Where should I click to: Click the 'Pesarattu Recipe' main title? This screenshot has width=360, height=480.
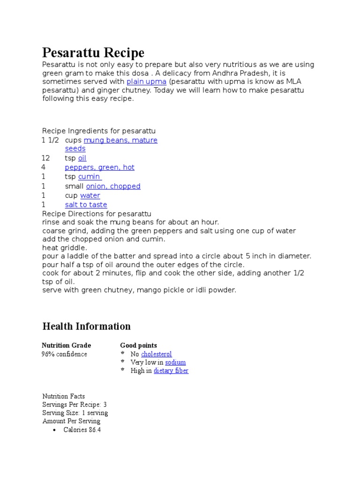pyautogui.click(x=93, y=52)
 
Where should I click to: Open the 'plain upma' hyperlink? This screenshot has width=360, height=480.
pyautogui.click(x=146, y=82)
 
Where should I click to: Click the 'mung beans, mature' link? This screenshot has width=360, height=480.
pyautogui.click(x=120, y=140)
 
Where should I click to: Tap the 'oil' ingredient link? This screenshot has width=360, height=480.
pyautogui.click(x=82, y=158)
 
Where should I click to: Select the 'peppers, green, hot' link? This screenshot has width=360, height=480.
pyautogui.click(x=99, y=167)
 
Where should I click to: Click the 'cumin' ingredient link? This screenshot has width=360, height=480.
pyautogui.click(x=89, y=177)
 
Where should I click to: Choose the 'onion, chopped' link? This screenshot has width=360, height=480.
pyautogui.click(x=113, y=186)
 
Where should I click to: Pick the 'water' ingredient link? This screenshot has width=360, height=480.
pyautogui.click(x=90, y=195)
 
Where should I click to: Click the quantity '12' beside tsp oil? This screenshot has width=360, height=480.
pyautogui.click(x=45, y=158)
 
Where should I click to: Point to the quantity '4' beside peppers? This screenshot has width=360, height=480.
pyautogui.click(x=43, y=167)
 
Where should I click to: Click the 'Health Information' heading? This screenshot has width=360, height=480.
pyautogui.click(x=86, y=326)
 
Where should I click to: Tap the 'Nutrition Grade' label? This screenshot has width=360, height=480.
pyautogui.click(x=67, y=345)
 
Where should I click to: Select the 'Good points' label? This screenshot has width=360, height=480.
pyautogui.click(x=138, y=345)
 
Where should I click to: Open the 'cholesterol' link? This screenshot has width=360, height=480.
pyautogui.click(x=156, y=354)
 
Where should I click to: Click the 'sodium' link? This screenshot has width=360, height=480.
pyautogui.click(x=175, y=362)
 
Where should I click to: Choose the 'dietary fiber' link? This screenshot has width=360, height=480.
pyautogui.click(x=171, y=371)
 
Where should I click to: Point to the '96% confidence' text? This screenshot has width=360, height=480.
pyautogui.click(x=64, y=354)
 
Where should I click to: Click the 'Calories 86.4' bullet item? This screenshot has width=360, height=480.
pyautogui.click(x=82, y=430)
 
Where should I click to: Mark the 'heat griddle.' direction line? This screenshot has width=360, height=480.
pyautogui.click(x=65, y=247)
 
